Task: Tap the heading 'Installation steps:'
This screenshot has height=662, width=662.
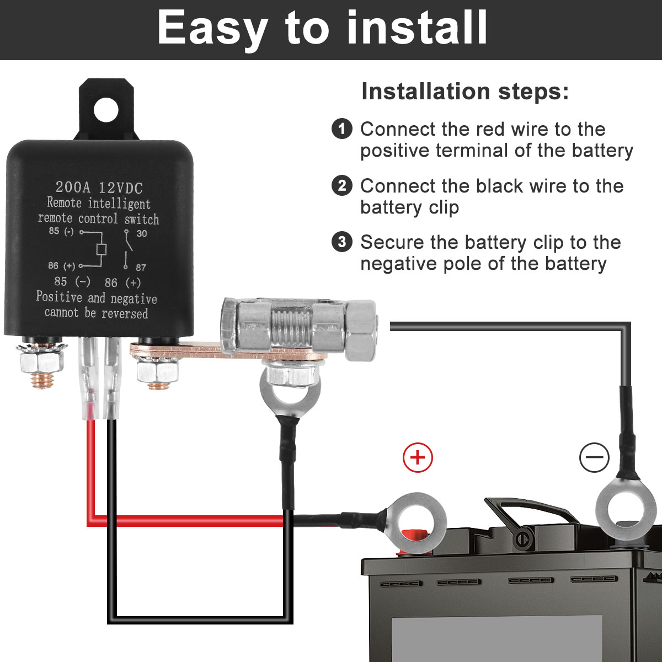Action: pyautogui.click(x=465, y=92)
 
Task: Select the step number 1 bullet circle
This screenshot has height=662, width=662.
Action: pyautogui.click(x=342, y=129)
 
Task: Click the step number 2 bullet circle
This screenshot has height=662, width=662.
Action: pyautogui.click(x=342, y=186)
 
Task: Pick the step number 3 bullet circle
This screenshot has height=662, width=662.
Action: pyautogui.click(x=342, y=242)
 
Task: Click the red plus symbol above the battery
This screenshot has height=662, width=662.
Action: pyautogui.click(x=418, y=457)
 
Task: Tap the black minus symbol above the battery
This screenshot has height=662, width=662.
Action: pyautogui.click(x=594, y=457)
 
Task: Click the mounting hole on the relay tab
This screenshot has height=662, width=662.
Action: pyautogui.click(x=106, y=109)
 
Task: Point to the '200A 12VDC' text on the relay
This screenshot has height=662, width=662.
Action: pyautogui.click(x=99, y=188)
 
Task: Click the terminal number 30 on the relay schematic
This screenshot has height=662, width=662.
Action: pyautogui.click(x=142, y=233)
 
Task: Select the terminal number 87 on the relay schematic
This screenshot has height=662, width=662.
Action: pyautogui.click(x=141, y=268)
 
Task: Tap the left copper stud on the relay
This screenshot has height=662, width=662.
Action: pyautogui.click(x=42, y=378)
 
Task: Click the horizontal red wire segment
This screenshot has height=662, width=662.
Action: pyautogui.click(x=188, y=521)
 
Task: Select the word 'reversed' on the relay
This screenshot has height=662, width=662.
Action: pyautogui.click(x=125, y=314)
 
